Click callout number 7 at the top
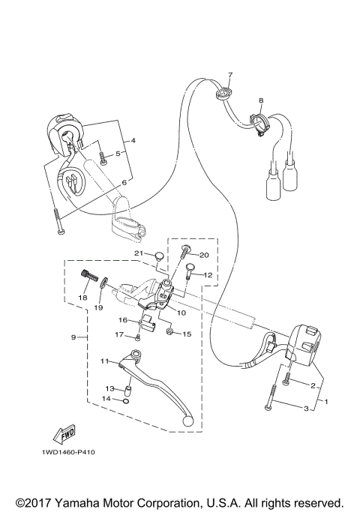[x=231, y=75]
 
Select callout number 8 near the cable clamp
[x=261, y=100]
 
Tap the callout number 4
[x=133, y=140]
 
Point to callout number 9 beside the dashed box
[x=73, y=337]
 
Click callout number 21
[x=139, y=253]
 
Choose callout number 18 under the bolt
[x=83, y=298]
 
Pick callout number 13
[x=109, y=389]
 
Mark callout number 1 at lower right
[x=325, y=401]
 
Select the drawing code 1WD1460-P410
[x=63, y=453]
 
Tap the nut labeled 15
[x=171, y=332]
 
